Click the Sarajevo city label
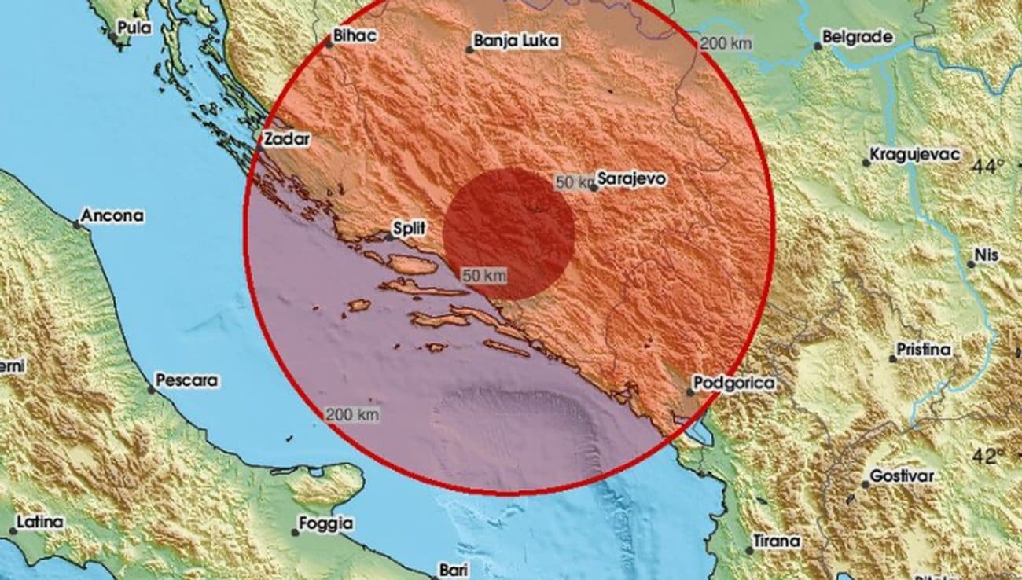[x=632, y=179]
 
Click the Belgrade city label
[x=857, y=36]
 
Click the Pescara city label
[x=186, y=380]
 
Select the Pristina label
[x=925, y=350]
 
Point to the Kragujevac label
[x=916, y=154]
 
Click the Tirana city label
[x=778, y=541]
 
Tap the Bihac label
[x=356, y=35]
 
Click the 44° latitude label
[x=988, y=167]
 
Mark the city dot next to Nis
[x=971, y=264]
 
